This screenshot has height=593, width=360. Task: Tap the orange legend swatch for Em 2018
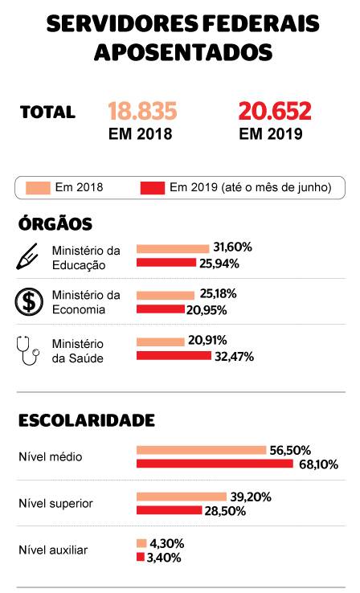39,188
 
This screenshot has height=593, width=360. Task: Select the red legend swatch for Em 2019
153,188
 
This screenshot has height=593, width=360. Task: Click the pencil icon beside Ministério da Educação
28,256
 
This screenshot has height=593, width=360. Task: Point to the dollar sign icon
29,302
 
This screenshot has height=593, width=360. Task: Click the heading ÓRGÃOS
55,223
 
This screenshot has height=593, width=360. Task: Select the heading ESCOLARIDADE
86,419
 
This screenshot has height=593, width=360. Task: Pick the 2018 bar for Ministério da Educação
173,248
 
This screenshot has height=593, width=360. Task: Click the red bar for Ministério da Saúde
174,356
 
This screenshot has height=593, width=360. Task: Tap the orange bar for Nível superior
181,497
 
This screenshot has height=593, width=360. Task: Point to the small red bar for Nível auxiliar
140,557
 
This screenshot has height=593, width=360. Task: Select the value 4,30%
166,542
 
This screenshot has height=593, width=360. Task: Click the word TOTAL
47,112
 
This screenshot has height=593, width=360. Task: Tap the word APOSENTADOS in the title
183,51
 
